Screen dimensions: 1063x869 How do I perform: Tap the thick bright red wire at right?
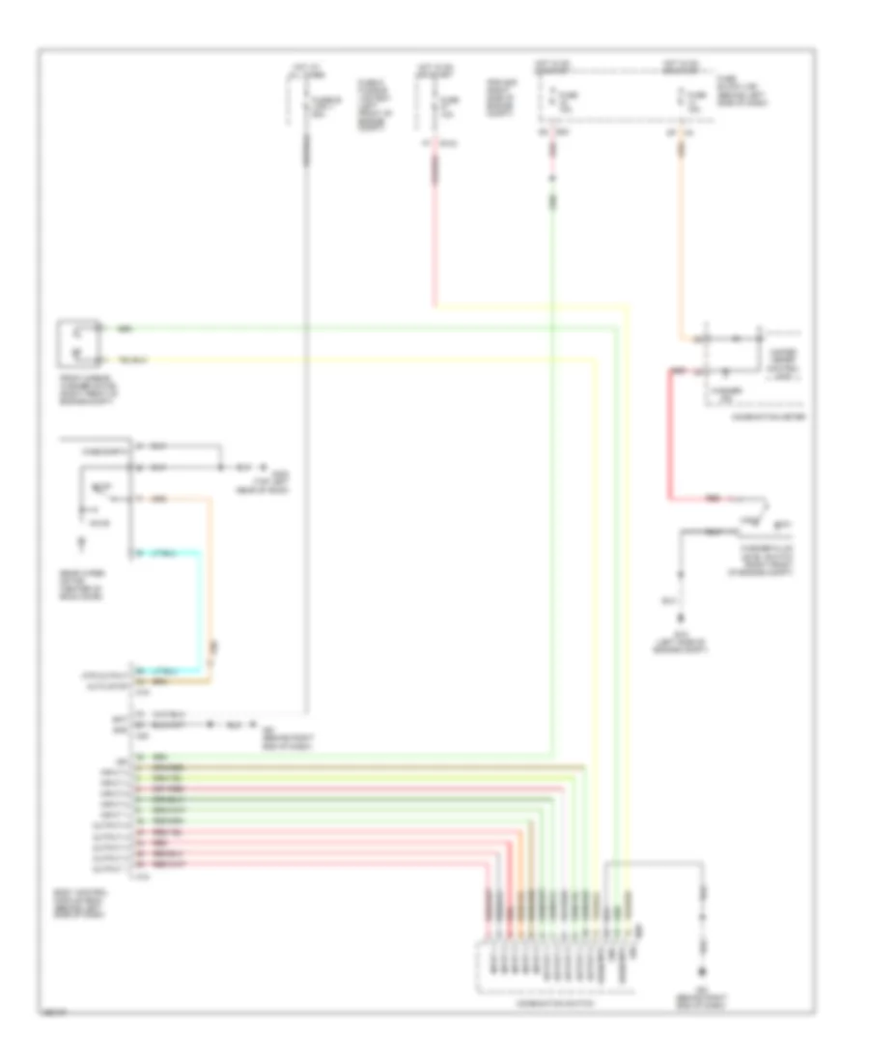(x=668, y=435)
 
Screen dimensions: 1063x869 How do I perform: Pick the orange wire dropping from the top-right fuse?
(x=685, y=242)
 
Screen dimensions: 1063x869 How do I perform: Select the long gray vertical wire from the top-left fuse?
(x=307, y=435)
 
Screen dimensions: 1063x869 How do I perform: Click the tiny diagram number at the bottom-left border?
(x=53, y=1014)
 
